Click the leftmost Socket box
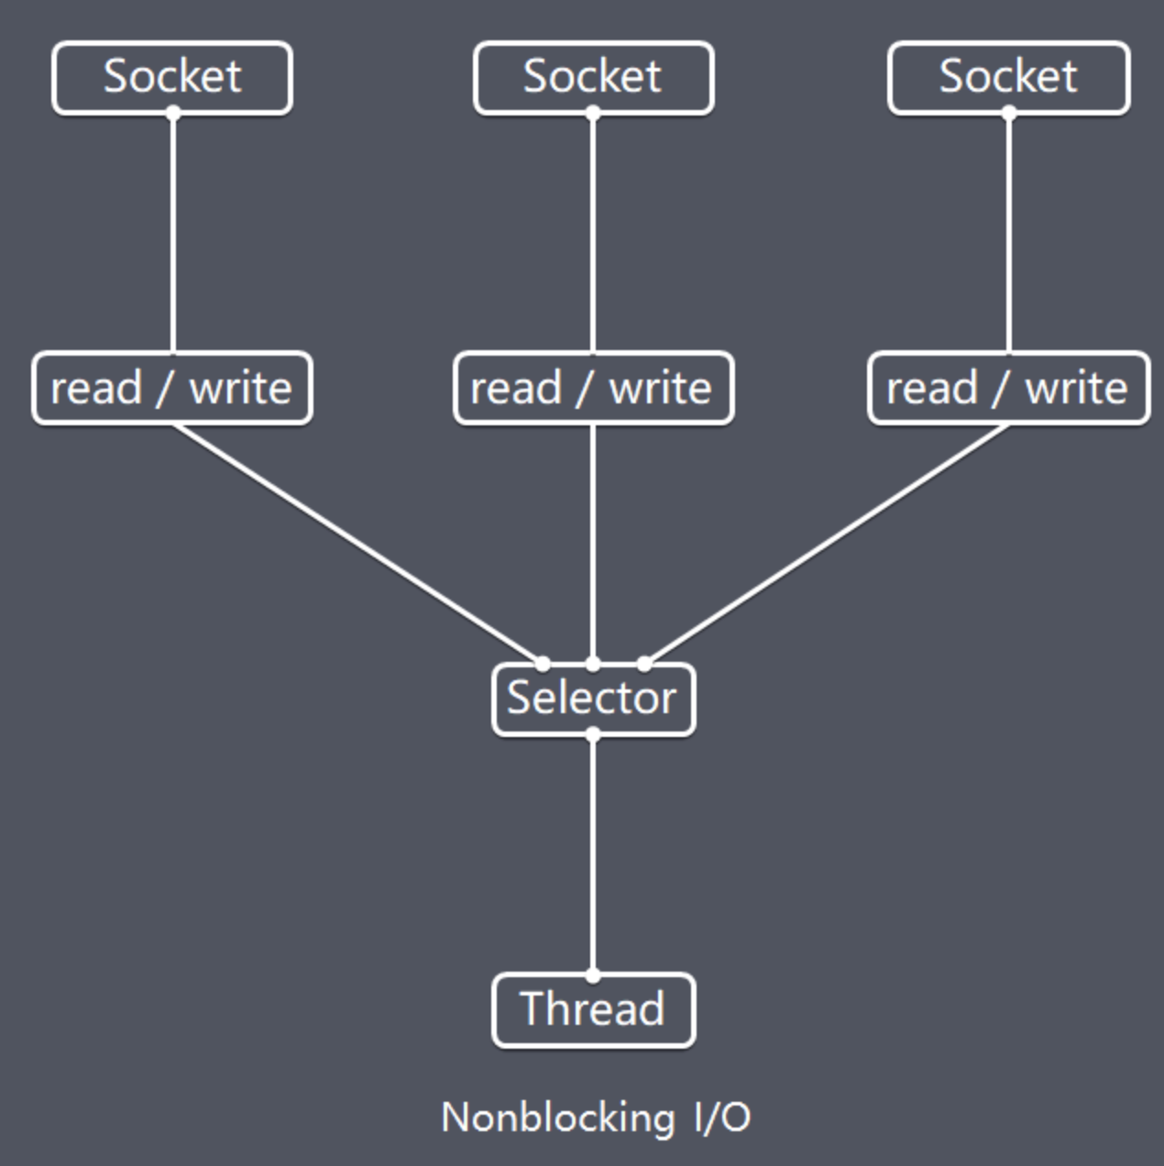(172, 77)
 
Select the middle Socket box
(594, 77)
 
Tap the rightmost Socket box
(1008, 77)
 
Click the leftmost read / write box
(172, 387)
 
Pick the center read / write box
(594, 387)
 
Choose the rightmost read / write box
(1008, 387)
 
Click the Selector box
(594, 699)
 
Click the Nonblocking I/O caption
(596, 1117)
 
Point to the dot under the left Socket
(173, 113)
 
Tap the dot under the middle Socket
(593, 113)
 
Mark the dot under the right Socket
(1008, 113)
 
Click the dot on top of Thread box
(593, 975)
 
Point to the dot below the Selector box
(593, 734)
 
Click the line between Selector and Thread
(593, 855)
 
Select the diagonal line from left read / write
(357, 544)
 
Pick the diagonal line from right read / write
(827, 544)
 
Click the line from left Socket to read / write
(173, 232)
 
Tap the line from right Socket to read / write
(1008, 232)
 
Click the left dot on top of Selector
(543, 664)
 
